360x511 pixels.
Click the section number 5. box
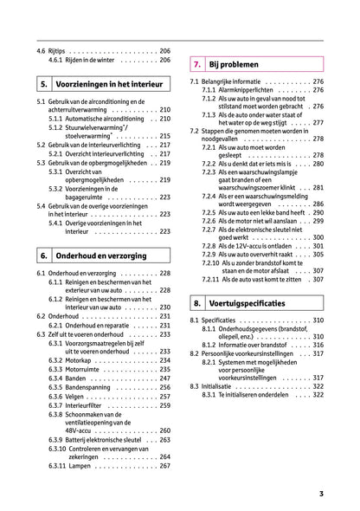point(43,86)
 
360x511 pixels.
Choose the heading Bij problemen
point(239,63)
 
